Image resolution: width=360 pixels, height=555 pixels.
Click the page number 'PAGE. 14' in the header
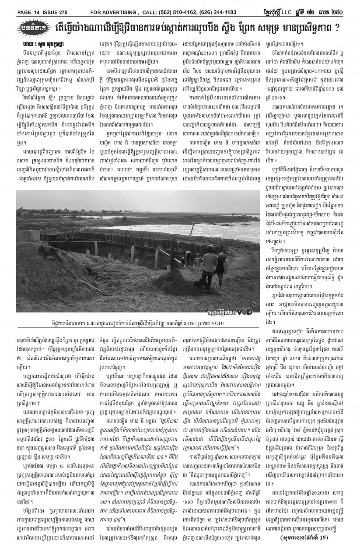coord(18,6)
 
